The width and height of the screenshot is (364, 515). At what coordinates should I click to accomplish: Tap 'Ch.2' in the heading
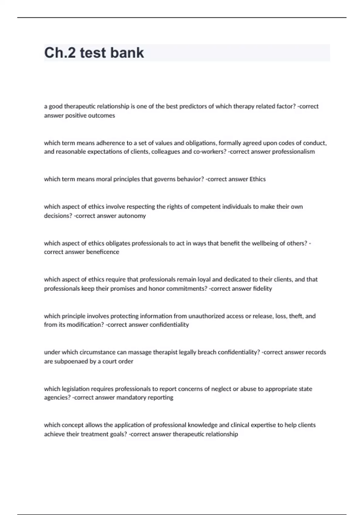coord(60,53)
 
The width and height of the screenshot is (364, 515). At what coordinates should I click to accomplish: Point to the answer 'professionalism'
coord(293,151)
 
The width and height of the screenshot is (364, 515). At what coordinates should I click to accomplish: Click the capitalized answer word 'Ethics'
coord(258,179)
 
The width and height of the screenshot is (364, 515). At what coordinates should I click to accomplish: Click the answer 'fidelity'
coord(262,288)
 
